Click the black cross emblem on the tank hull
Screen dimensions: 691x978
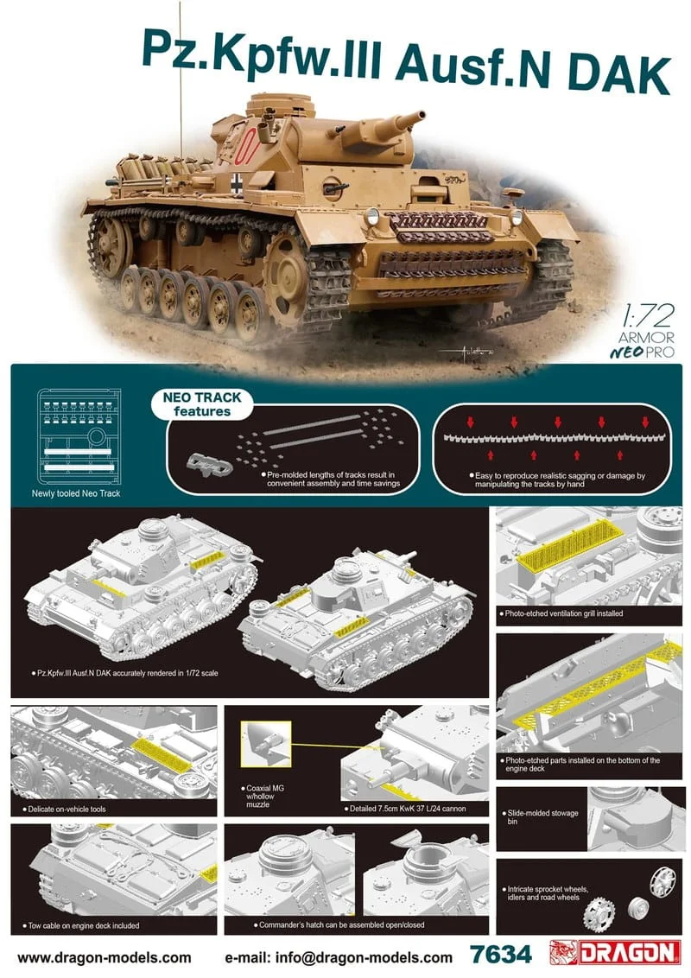[238, 182]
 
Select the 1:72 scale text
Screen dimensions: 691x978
[647, 315]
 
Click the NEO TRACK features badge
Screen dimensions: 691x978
[202, 404]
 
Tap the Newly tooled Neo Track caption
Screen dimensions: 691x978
[76, 493]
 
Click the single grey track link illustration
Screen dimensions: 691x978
[208, 464]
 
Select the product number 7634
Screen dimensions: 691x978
[501, 954]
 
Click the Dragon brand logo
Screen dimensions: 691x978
[614, 952]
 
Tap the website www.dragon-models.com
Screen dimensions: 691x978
[105, 956]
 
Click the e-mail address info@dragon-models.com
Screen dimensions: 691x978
[339, 956]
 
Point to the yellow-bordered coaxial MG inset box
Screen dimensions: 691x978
[266, 744]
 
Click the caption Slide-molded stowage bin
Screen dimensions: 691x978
[542, 817]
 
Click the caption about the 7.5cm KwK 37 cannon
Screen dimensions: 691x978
[405, 809]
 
